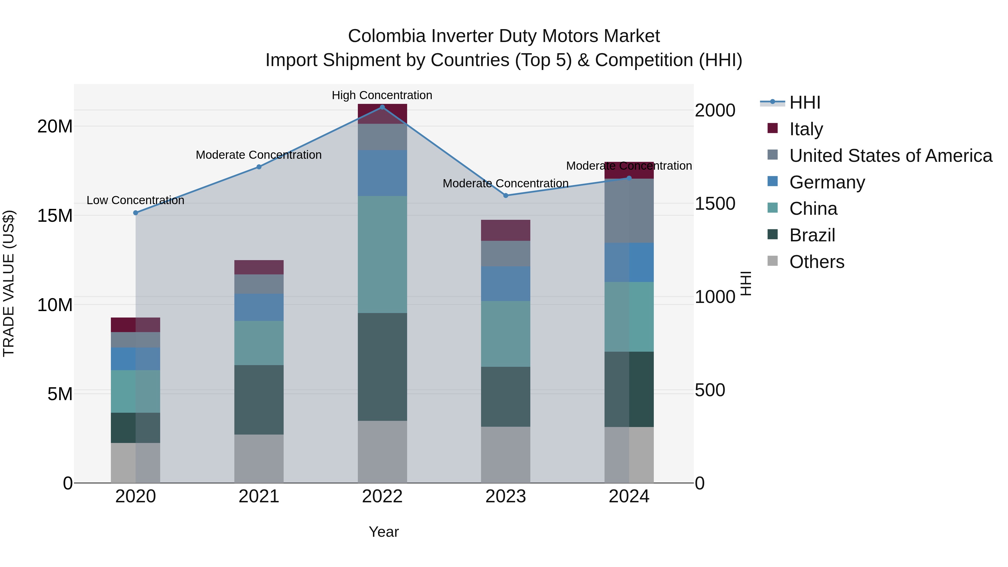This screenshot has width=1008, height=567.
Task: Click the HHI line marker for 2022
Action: pos(382,107)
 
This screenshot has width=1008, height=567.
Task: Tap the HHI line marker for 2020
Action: pos(136,213)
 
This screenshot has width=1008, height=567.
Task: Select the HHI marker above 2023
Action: pos(506,195)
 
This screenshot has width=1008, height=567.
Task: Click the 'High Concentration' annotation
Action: pos(382,95)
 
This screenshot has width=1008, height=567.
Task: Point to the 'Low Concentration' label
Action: pos(136,200)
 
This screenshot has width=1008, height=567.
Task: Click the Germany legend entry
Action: pos(827,182)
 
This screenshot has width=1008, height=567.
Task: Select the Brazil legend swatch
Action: pos(773,235)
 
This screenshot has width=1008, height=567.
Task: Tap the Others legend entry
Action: pos(817,262)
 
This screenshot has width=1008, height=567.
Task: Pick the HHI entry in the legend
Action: pos(804,102)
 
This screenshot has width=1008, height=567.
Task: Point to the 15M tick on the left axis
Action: pos(55,216)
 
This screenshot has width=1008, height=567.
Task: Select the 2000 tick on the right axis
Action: pos(715,110)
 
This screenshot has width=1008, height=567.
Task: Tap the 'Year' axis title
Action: pos(384,532)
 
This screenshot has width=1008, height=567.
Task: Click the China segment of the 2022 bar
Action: pos(382,254)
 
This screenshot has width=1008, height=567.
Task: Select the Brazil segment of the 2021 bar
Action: pos(259,400)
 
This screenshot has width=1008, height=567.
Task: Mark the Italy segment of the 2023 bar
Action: pos(506,230)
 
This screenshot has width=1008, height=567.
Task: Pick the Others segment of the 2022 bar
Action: pos(382,452)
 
